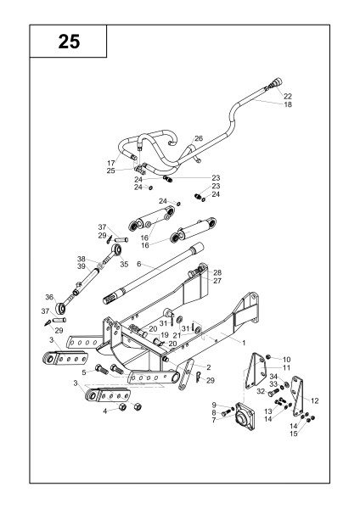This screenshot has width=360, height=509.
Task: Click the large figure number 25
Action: pyautogui.click(x=69, y=42)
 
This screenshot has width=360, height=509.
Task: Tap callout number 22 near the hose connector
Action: pyautogui.click(x=288, y=96)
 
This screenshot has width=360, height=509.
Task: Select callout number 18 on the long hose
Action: pyautogui.click(x=288, y=104)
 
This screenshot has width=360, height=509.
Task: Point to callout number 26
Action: pyautogui.click(x=199, y=138)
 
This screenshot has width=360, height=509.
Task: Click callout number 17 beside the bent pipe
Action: pyautogui.click(x=111, y=163)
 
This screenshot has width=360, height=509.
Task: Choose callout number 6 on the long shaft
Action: pyautogui.click(x=139, y=264)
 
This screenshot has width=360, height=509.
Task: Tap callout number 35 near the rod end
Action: pyautogui.click(x=124, y=264)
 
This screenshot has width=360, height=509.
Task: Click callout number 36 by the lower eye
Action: pyautogui.click(x=49, y=297)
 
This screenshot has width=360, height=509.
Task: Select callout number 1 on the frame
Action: pyautogui.click(x=244, y=343)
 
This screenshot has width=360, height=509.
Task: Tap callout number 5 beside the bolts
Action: pyautogui.click(x=84, y=372)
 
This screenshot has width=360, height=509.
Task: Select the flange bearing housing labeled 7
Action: pyautogui.click(x=245, y=417)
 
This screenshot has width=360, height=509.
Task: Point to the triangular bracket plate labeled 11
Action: pyautogui.click(x=256, y=371)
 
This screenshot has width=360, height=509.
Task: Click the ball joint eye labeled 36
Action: pyautogui.click(x=60, y=307)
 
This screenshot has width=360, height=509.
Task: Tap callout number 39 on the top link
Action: pyautogui.click(x=82, y=266)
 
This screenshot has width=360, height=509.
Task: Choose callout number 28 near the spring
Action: pyautogui.click(x=217, y=272)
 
